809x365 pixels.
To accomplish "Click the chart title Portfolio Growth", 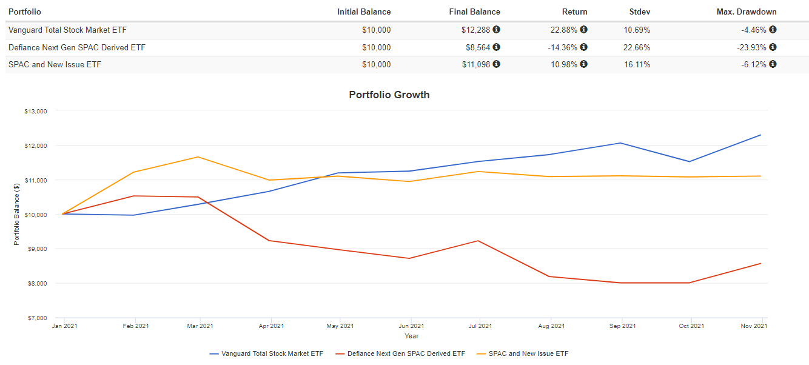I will (389, 95).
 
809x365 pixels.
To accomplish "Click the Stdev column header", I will (640, 12).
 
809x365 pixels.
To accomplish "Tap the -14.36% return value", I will (560, 47).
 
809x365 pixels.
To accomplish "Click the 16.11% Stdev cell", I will (637, 64).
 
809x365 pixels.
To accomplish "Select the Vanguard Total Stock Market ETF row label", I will (67, 30).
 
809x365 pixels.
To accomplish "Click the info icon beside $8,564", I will (496, 47).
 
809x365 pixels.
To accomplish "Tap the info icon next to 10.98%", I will (583, 64).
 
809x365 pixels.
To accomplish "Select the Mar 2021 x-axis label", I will (201, 326).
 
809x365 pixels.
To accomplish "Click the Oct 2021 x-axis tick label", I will (691, 326).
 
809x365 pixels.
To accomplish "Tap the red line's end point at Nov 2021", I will (760, 263).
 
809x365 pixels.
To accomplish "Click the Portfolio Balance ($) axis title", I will (16, 214).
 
